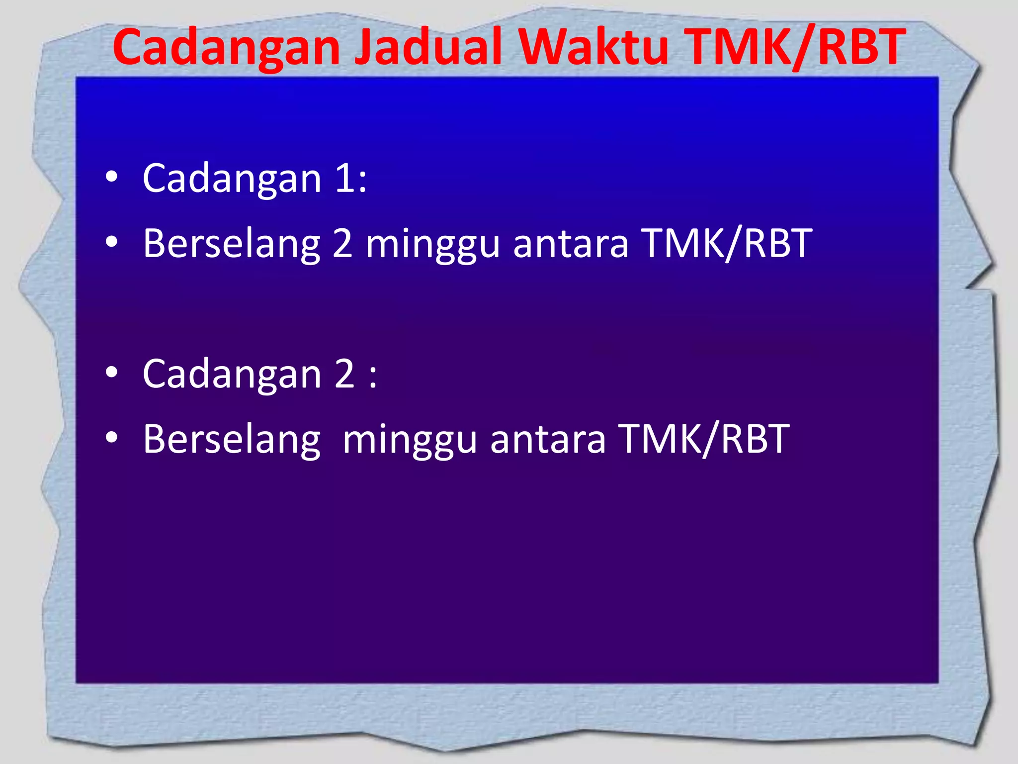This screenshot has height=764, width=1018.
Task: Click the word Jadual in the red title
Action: pos(427,47)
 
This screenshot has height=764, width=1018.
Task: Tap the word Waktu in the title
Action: pos(594,47)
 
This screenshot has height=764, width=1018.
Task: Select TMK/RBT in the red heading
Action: pos(798,47)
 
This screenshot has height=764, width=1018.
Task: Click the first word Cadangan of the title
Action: pos(226,47)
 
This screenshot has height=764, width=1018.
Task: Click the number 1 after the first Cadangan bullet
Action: pos(345,178)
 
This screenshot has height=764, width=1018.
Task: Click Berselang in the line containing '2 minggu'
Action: pos(232,244)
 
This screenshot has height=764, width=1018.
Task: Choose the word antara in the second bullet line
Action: pos(571,244)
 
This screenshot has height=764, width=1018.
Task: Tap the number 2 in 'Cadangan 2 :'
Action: pos(344,374)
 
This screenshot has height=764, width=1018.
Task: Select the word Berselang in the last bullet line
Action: pos(232,439)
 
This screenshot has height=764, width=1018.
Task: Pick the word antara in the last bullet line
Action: pos(548,439)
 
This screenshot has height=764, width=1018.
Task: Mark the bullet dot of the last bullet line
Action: pos(112,438)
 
